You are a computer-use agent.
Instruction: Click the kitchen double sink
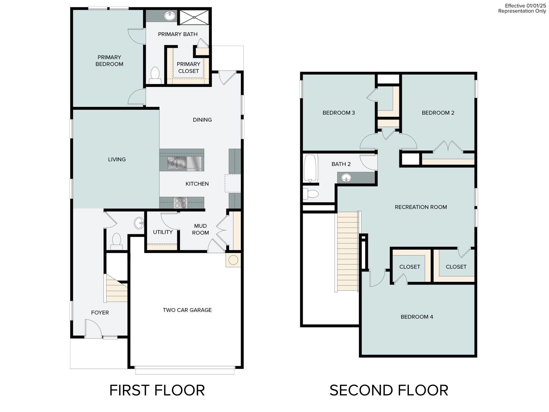click(177, 163)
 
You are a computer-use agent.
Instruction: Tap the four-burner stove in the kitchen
click(180, 203)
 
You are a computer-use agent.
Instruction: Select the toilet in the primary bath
click(155, 75)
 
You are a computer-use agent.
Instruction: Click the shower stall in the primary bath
click(194, 17)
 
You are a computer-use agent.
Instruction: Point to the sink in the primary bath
click(170, 16)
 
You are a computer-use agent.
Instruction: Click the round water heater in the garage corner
click(233, 260)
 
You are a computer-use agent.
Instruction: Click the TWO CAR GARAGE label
click(187, 310)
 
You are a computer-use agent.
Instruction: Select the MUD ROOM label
click(200, 229)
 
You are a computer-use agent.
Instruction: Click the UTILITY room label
click(162, 232)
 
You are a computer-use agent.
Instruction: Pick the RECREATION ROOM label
click(421, 207)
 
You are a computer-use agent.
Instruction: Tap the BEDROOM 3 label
click(339, 113)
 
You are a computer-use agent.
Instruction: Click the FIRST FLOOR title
click(157, 390)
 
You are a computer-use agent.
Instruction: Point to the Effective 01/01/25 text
click(525, 6)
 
